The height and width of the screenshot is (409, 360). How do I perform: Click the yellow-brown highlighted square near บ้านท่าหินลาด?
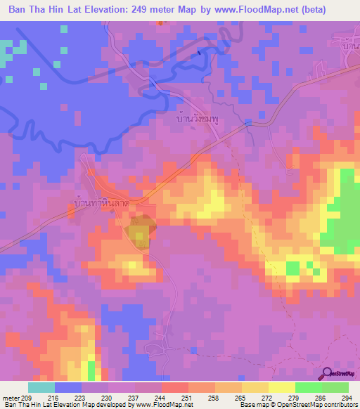coord(139,233)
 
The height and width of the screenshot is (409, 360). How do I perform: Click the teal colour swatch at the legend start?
coord(41,387)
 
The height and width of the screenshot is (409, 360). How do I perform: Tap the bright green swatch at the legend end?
coord(335,387)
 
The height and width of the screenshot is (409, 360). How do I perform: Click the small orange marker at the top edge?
coord(160,22)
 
